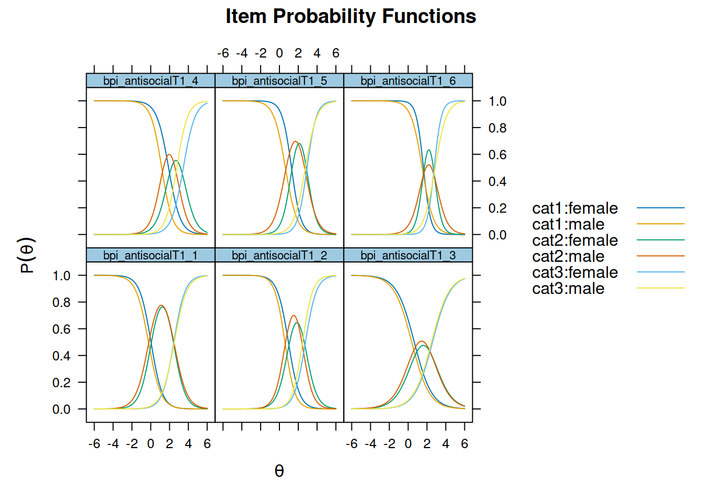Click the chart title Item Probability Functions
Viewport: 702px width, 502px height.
350,17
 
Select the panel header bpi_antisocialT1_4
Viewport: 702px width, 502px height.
150,81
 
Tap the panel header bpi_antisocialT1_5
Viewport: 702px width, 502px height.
279,81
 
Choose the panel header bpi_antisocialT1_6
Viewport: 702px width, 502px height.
408,81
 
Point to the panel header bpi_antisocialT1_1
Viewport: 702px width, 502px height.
150,255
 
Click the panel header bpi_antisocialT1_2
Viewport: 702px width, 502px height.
279,255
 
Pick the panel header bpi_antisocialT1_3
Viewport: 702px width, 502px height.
408,255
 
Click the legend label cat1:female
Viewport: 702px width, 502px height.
575,208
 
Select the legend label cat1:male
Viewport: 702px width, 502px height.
568,224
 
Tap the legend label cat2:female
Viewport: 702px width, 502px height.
575,241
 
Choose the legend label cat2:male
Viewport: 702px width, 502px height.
568,257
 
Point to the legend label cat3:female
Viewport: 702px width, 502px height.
575,272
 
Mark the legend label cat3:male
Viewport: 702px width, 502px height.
568,289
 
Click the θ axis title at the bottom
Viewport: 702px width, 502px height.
279,471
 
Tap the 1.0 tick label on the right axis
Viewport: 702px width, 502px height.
497,101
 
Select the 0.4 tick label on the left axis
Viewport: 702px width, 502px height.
61,356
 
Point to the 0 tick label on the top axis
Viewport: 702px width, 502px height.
279,53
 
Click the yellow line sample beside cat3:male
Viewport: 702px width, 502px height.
660,288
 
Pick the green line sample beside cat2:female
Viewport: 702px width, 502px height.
660,240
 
